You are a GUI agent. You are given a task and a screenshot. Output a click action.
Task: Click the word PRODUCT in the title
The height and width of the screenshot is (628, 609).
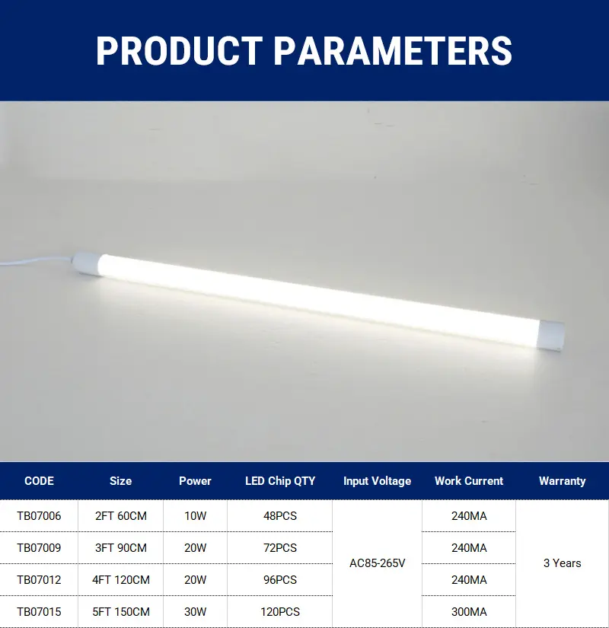[x=179, y=51]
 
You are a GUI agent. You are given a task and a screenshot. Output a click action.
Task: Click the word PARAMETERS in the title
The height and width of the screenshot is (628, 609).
[x=393, y=51]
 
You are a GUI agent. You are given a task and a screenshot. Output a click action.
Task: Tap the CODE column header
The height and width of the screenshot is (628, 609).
[x=39, y=480]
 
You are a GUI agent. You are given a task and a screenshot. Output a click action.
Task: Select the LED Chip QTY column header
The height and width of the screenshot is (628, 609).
[x=280, y=480]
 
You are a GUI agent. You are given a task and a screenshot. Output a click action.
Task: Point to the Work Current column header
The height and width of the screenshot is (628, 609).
[x=469, y=480]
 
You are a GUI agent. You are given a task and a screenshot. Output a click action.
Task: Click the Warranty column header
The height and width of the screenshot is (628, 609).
[x=562, y=480]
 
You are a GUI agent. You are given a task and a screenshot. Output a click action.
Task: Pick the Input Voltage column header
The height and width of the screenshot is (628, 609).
[x=377, y=480]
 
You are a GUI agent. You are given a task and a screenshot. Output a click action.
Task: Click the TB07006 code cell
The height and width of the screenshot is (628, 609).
[x=39, y=516]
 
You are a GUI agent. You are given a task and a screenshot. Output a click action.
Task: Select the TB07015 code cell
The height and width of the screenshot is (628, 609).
[x=39, y=612]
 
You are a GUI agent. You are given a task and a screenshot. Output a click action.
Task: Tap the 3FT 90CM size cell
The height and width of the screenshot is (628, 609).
[x=120, y=548]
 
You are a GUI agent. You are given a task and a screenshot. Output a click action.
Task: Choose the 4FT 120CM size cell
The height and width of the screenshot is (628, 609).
[x=120, y=580]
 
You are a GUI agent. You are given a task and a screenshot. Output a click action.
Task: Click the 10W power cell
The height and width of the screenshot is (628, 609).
[x=195, y=516]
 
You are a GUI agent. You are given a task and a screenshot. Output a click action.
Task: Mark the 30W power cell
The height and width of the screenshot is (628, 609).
[x=195, y=612]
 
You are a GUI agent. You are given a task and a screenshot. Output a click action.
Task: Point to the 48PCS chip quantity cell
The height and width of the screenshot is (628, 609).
[x=280, y=516]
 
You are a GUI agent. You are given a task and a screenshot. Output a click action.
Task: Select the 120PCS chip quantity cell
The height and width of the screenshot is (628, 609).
[x=280, y=612]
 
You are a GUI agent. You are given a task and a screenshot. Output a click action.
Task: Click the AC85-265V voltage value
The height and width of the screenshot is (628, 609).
[x=377, y=563]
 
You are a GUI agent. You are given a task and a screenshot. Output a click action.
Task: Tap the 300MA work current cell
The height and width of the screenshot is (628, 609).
[x=469, y=612]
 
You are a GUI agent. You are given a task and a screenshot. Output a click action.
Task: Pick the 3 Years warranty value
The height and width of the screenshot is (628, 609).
[x=562, y=563]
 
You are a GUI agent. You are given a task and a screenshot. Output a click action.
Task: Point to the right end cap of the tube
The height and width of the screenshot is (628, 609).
[x=550, y=336]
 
